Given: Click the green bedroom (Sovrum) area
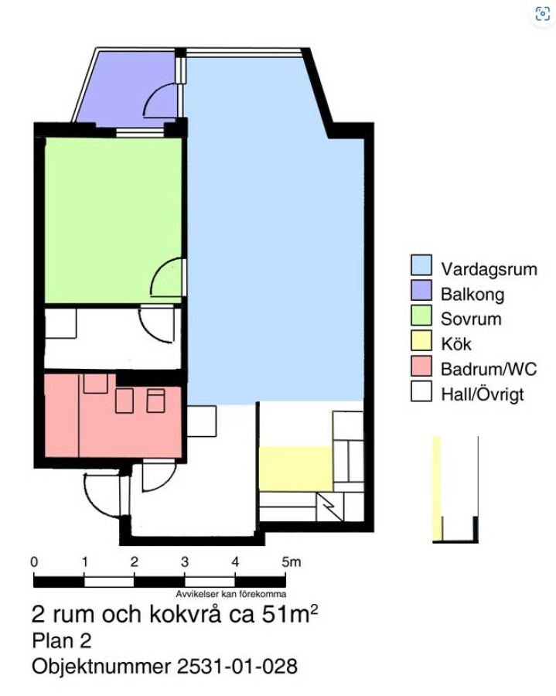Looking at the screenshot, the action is pos(113,220).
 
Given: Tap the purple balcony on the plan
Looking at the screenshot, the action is pos(128,89).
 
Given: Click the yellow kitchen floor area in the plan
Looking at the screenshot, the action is pos(295,469).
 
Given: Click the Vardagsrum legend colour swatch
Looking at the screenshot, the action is pos(421,265).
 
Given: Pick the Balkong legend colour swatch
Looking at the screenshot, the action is pos(421,290).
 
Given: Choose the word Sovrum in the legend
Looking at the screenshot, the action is pos(471,319).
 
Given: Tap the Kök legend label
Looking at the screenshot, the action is pos(455,344).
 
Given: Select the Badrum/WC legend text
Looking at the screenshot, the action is pos(489,369).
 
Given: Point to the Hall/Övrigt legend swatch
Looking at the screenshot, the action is pos(421,391).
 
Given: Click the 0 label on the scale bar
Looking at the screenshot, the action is pos(34,562).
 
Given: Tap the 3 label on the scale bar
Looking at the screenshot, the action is pos(185,562).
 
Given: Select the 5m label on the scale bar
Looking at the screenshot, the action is pos(291,562).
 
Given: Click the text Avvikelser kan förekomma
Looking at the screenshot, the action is pos(230,594).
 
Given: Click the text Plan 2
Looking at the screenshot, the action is pos(62,641).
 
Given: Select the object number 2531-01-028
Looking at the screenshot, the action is pos(237,667).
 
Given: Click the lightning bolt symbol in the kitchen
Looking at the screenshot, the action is pos(329,507).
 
